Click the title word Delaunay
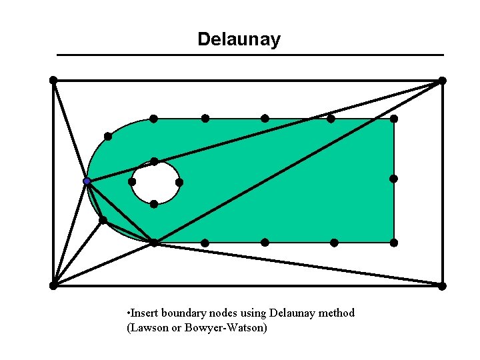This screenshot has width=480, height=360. coord(239,39)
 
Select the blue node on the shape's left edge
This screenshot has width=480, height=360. coord(87,181)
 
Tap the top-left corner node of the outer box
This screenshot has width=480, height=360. coord(53,80)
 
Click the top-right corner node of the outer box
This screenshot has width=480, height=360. coord(442,81)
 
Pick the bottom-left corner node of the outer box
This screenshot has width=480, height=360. coord(53,285)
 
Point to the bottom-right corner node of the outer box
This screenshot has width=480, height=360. coord(442,286)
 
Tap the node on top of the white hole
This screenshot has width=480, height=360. coord(154,161)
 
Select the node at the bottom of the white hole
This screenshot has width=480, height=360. coord(154,204)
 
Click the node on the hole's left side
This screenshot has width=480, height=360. coord(132,182)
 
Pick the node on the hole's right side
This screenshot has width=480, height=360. coord(179,182)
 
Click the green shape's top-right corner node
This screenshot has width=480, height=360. coord(394,119)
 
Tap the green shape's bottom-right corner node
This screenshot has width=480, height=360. coord(394,243)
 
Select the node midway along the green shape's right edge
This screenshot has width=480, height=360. coord(394,179)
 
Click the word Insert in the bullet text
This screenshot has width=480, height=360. coord(145,313)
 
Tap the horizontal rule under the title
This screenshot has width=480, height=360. coord(250,55)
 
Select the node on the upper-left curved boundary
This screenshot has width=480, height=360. coord(108,136)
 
